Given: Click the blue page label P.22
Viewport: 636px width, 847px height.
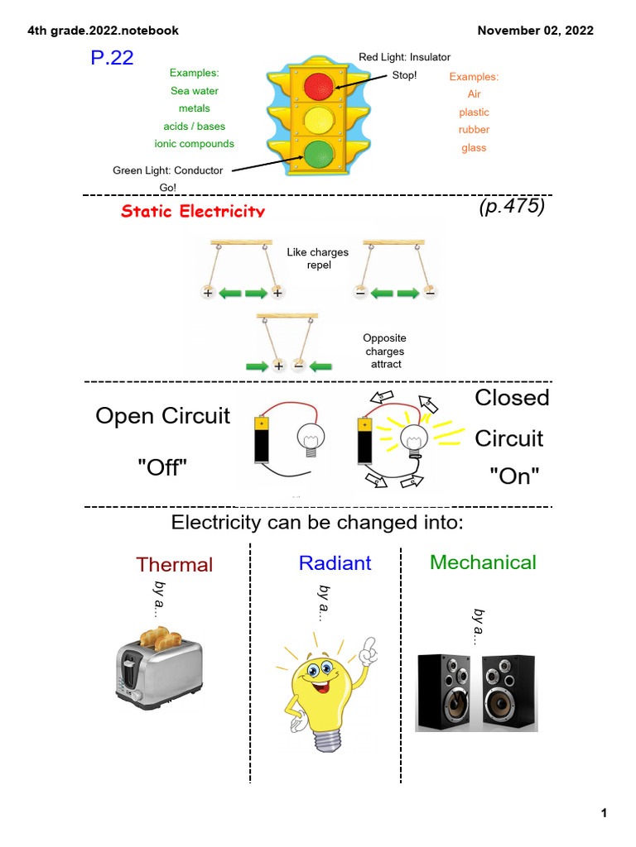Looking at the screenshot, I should point(112,58).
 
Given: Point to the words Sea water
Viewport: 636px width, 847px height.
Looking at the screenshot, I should point(194,91).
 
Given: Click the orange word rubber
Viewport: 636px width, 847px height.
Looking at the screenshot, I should point(475,130).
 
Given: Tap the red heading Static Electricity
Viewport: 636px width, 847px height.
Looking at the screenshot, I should point(193,211).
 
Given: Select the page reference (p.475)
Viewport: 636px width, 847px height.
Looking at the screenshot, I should point(511,206).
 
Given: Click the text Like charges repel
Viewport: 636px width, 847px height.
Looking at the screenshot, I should point(317,259).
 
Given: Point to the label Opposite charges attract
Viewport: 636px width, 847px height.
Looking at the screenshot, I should point(385,351).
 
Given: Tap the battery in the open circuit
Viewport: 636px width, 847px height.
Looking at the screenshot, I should point(261,440).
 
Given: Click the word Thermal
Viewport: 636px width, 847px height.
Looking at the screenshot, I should point(174,565).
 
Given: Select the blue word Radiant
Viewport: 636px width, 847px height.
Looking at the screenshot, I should point(335,563).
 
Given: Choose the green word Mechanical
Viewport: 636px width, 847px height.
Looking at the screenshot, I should point(483,562).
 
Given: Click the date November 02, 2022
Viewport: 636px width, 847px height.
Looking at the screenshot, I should point(535,31).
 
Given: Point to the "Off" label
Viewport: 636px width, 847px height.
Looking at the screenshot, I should point(162,469).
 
